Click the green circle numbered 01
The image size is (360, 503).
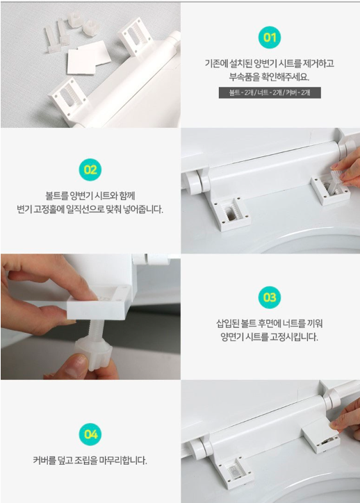click(x=270, y=38)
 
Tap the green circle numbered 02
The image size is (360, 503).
click(x=90, y=169)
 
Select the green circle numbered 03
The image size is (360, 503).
click(x=270, y=297)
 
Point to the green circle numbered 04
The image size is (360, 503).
click(x=90, y=435)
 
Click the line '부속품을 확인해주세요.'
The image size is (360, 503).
click(x=270, y=77)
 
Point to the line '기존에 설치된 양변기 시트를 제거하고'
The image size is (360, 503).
click(x=270, y=63)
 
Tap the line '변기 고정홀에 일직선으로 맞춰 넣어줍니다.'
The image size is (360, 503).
click(x=90, y=208)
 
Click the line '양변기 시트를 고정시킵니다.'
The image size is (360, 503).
click(x=270, y=337)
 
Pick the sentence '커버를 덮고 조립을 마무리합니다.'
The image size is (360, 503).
click(x=90, y=460)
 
